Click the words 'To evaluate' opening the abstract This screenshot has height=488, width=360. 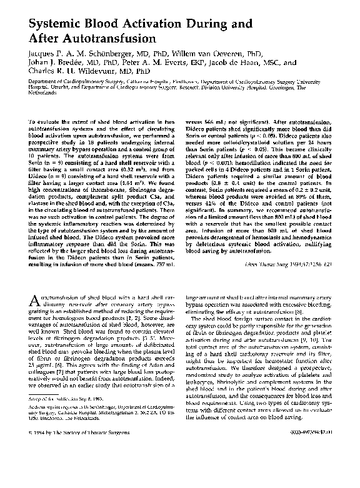coord(44,119)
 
